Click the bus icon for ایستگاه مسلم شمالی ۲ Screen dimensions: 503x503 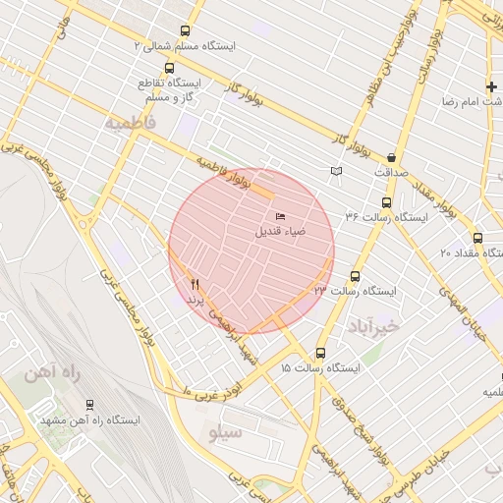click(187, 31)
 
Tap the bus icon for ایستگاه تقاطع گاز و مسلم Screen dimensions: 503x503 click(170, 69)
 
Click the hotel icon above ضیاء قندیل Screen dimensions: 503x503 click(281, 216)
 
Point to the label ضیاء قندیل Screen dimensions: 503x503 click(281, 232)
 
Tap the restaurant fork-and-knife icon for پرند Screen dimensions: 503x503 click(195, 283)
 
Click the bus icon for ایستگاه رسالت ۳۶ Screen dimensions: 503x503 click(386, 202)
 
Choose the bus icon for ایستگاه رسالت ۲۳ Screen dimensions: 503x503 click(355, 277)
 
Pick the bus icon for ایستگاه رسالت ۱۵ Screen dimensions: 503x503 click(320, 354)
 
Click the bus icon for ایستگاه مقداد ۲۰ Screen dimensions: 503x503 click(477, 238)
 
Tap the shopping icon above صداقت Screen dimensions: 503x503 click(392, 157)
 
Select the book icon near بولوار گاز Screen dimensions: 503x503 click(337, 171)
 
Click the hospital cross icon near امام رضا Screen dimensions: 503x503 click(491, 87)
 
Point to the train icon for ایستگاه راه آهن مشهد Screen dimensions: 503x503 click(90, 405)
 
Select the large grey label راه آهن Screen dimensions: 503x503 click(52, 374)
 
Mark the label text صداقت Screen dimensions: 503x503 click(392, 172)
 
